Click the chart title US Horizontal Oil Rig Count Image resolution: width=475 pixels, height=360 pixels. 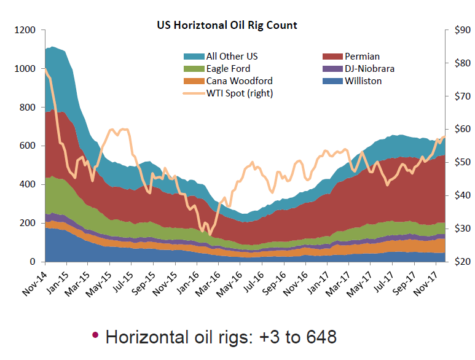pyautogui.click(x=227, y=26)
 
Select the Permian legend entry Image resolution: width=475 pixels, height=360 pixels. pyautogui.click(x=363, y=56)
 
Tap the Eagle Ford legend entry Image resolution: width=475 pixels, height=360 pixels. pyautogui.click(x=228, y=69)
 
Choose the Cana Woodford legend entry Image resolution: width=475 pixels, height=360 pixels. pyautogui.click(x=239, y=81)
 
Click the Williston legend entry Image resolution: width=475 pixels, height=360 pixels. pyautogui.click(x=363, y=81)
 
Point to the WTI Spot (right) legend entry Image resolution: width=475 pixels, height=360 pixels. pyautogui.click(x=240, y=93)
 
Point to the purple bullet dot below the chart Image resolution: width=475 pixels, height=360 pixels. pyautogui.click(x=95, y=335)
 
